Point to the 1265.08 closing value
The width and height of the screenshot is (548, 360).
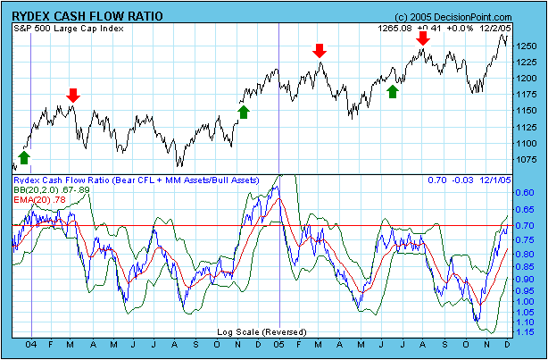pyautogui.click(x=395, y=29)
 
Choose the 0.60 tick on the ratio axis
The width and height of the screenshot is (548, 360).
pyautogui.click(x=527, y=192)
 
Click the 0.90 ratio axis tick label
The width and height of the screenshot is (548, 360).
pyautogui.click(x=527, y=280)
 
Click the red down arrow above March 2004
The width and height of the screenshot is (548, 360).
pyautogui.click(x=73, y=95)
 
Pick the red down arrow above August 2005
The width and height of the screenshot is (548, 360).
pyautogui.click(x=422, y=38)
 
